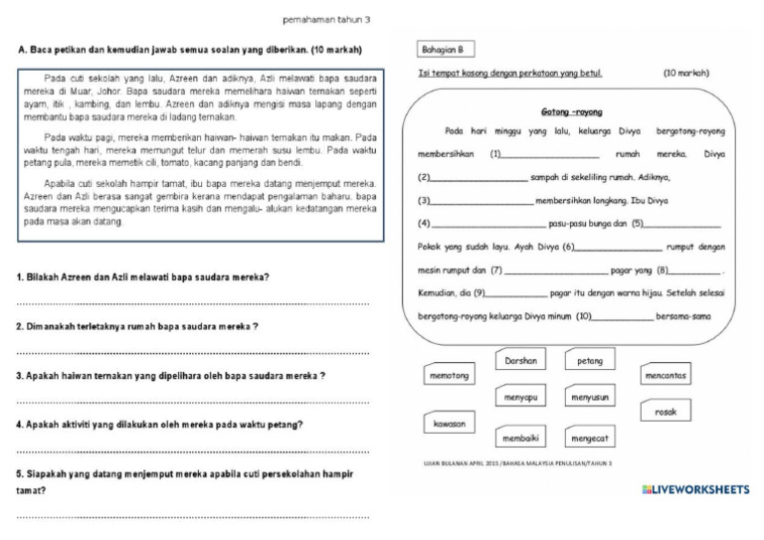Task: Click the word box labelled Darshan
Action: click(x=520, y=362)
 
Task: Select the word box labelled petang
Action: click(x=590, y=362)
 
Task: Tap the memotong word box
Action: click(x=448, y=376)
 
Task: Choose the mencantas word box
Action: click(x=666, y=376)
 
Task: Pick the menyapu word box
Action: click(x=520, y=397)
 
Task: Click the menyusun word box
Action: click(x=590, y=397)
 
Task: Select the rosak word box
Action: click(x=666, y=412)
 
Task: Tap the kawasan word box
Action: click(x=448, y=424)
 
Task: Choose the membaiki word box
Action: click(x=520, y=437)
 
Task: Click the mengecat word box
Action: click(x=590, y=437)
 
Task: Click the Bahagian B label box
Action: click(x=443, y=49)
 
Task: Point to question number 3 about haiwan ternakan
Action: click(x=171, y=376)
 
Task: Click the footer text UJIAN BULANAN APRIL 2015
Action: click(x=517, y=463)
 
